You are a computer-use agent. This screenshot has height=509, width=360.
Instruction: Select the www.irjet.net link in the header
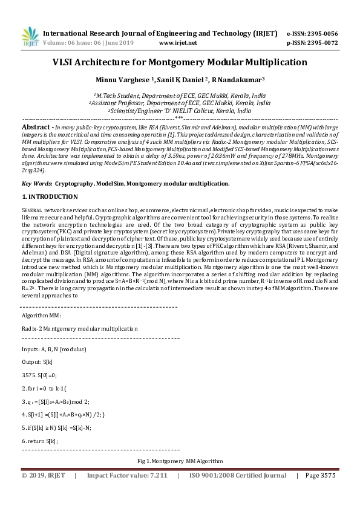click(x=177, y=43)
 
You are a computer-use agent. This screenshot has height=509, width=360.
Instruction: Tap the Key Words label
click(x=36, y=182)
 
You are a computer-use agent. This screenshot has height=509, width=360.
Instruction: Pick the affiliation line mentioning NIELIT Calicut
click(x=180, y=111)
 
